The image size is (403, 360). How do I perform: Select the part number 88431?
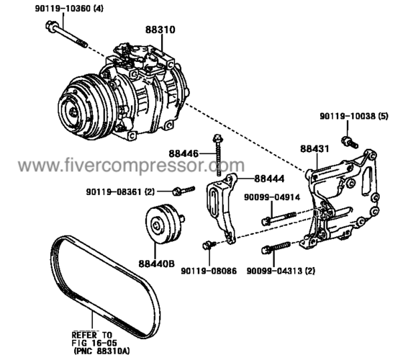pos(314,149)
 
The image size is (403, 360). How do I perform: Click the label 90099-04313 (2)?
pos(284,272)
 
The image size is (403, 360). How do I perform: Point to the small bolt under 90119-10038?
pos(348,135)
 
